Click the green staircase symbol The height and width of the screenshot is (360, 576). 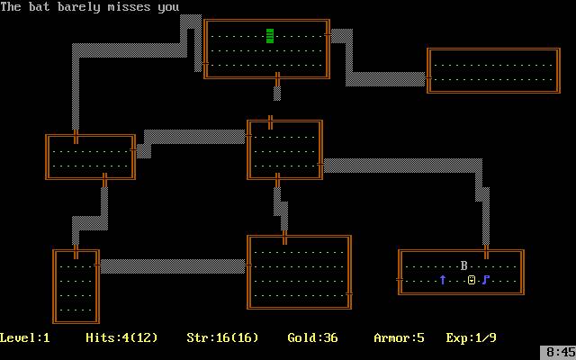tap(270, 36)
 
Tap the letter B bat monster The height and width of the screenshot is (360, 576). tap(464, 265)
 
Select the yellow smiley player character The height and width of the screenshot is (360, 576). tap(472, 280)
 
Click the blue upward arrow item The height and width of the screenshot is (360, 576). tap(443, 280)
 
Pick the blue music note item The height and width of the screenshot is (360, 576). tap(486, 280)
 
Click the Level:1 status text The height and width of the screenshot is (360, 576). tap(25, 337)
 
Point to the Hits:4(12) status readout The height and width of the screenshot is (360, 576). tap(121, 337)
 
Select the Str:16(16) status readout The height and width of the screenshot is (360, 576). tap(222, 337)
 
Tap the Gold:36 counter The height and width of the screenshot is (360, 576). tap(312, 337)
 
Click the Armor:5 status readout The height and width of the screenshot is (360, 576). tap(399, 337)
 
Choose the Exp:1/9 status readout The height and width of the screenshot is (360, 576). tap(472, 337)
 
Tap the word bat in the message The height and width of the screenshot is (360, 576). tap(40, 7)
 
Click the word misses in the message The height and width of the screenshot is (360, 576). tap(129, 7)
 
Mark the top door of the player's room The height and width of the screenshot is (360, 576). tap(486, 252)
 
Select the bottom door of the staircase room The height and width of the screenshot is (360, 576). tap(277, 79)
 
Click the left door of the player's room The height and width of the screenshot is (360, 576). tap(400, 280)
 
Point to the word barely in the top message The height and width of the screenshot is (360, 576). tap(78, 7)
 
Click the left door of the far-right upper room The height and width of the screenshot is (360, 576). tap(428, 78)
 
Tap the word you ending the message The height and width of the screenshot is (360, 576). tap(168, 8)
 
